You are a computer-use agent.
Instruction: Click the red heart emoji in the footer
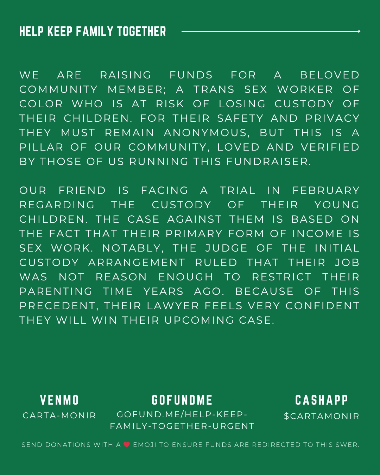[x=127, y=445]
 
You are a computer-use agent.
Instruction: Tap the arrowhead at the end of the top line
[x=359, y=31]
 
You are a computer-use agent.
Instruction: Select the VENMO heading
[x=59, y=400]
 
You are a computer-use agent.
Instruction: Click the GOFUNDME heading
[x=182, y=400]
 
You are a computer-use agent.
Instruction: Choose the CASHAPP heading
[x=322, y=400]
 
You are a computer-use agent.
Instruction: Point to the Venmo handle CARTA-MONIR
[x=59, y=416]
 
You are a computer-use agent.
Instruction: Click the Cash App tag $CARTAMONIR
[x=322, y=416]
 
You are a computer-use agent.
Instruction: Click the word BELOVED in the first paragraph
[x=330, y=75]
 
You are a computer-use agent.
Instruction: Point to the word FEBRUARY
[x=326, y=190]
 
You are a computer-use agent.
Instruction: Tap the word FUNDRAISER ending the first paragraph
[x=268, y=161]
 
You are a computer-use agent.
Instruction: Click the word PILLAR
[x=41, y=147]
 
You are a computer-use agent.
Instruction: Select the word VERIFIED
[x=330, y=147]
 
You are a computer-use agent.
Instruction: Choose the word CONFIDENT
[x=322, y=306]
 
